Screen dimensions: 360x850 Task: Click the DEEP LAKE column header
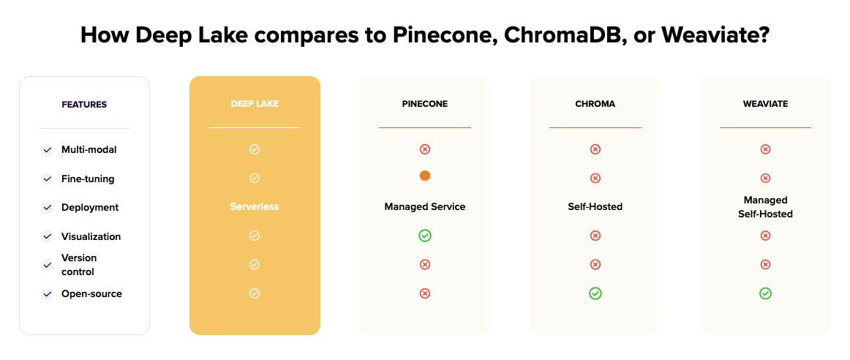[x=255, y=104]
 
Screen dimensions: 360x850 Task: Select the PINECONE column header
[x=425, y=104]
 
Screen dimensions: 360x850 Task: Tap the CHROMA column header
[x=595, y=104]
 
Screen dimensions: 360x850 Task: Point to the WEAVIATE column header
[x=765, y=104]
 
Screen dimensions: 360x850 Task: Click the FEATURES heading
[x=84, y=105]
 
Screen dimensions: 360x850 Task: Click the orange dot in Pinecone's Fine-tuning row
[x=425, y=176]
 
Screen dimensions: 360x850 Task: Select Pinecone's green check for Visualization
[x=425, y=236]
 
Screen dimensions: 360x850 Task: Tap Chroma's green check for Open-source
[x=595, y=293]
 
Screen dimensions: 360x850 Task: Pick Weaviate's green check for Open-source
[x=765, y=293]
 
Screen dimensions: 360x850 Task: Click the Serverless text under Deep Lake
[x=255, y=207]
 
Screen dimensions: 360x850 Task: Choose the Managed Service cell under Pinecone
[x=425, y=207]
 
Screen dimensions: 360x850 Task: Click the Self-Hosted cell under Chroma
[x=595, y=207]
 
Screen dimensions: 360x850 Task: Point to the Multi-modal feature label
[x=89, y=149]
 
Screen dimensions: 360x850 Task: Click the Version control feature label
[x=79, y=265]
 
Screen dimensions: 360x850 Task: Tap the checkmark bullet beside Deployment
[x=48, y=208]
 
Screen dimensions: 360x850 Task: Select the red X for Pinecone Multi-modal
[x=425, y=149]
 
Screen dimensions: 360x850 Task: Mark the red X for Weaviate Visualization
[x=765, y=236]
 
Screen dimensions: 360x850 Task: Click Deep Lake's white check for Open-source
[x=255, y=293]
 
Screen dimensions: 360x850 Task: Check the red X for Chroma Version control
[x=595, y=265]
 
